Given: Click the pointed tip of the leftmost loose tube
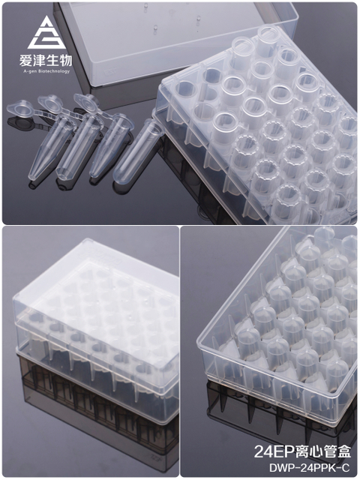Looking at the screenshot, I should click(x=31, y=178).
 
